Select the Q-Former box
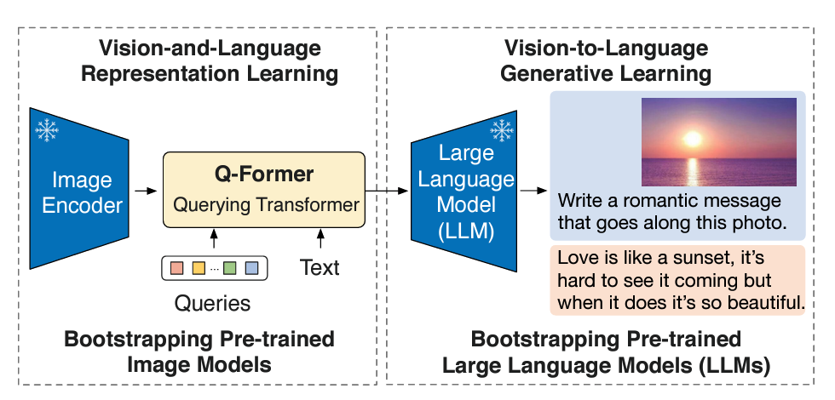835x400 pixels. click(263, 190)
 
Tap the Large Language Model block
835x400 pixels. click(464, 191)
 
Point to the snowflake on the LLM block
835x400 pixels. click(500, 131)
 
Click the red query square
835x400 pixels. click(177, 268)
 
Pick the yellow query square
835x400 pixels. click(198, 268)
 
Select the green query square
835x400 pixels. click(230, 268)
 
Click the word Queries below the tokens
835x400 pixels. click(212, 303)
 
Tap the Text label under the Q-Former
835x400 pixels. click(320, 268)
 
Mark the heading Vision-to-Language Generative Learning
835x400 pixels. click(605, 60)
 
